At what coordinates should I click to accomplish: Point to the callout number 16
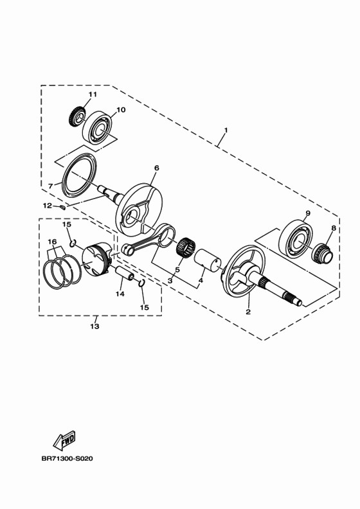[53, 242]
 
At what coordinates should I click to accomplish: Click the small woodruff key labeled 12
[62, 207]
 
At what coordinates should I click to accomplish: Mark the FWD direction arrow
[65, 442]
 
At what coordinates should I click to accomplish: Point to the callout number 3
[170, 280]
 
